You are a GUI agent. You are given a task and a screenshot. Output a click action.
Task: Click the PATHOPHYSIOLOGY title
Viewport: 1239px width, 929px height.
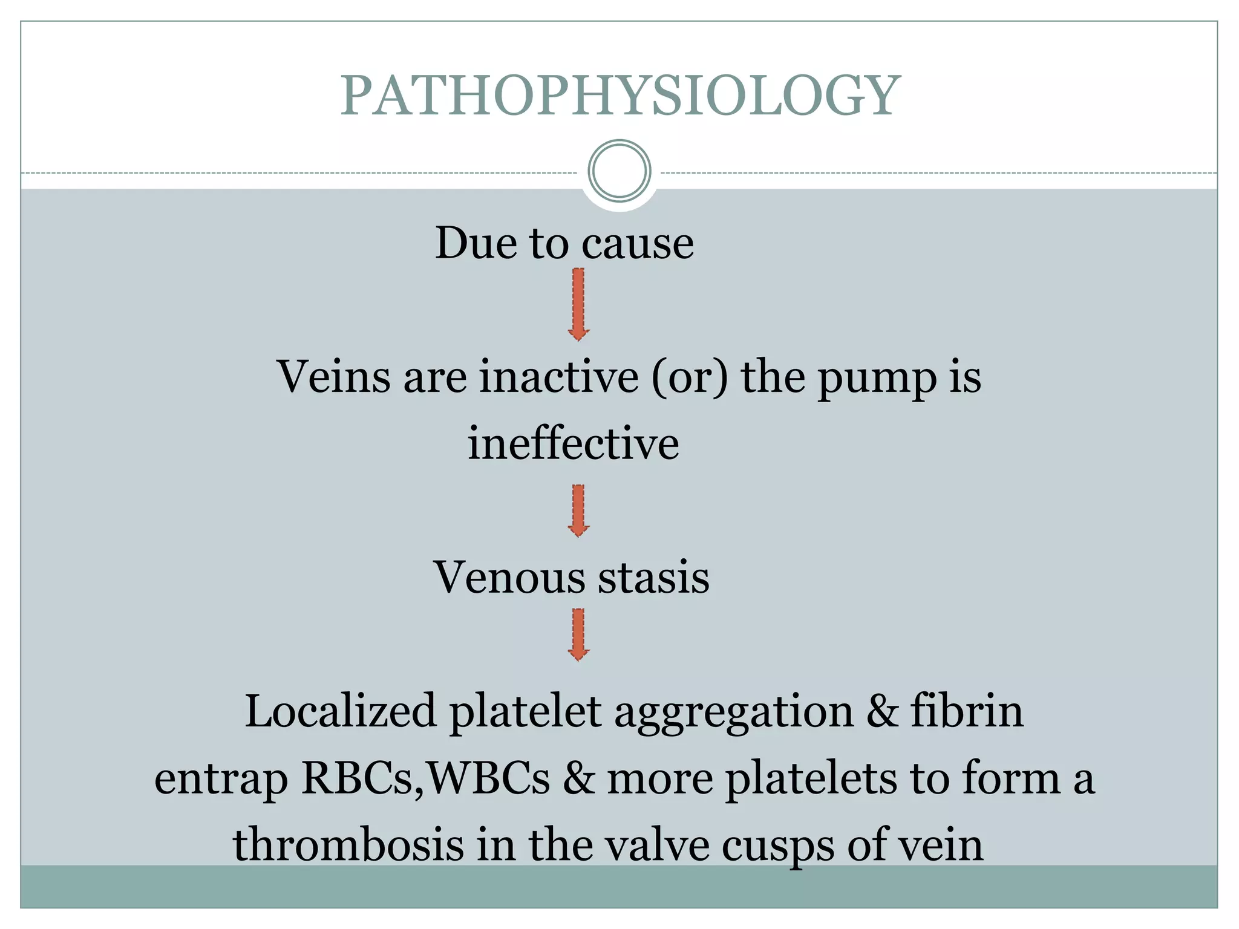[620, 96]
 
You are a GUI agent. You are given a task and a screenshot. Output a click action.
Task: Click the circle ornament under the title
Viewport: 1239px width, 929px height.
[619, 171]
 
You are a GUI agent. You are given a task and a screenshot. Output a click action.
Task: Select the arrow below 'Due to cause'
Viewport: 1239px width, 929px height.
[578, 304]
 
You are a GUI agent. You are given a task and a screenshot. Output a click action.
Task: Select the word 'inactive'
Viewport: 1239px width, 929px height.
[559, 377]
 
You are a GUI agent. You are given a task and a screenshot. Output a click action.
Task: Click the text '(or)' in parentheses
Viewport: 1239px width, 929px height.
[690, 378]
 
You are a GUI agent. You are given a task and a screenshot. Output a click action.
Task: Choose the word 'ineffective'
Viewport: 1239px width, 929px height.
[573, 443]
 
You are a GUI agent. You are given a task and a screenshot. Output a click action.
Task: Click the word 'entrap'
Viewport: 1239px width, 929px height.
[221, 780]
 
